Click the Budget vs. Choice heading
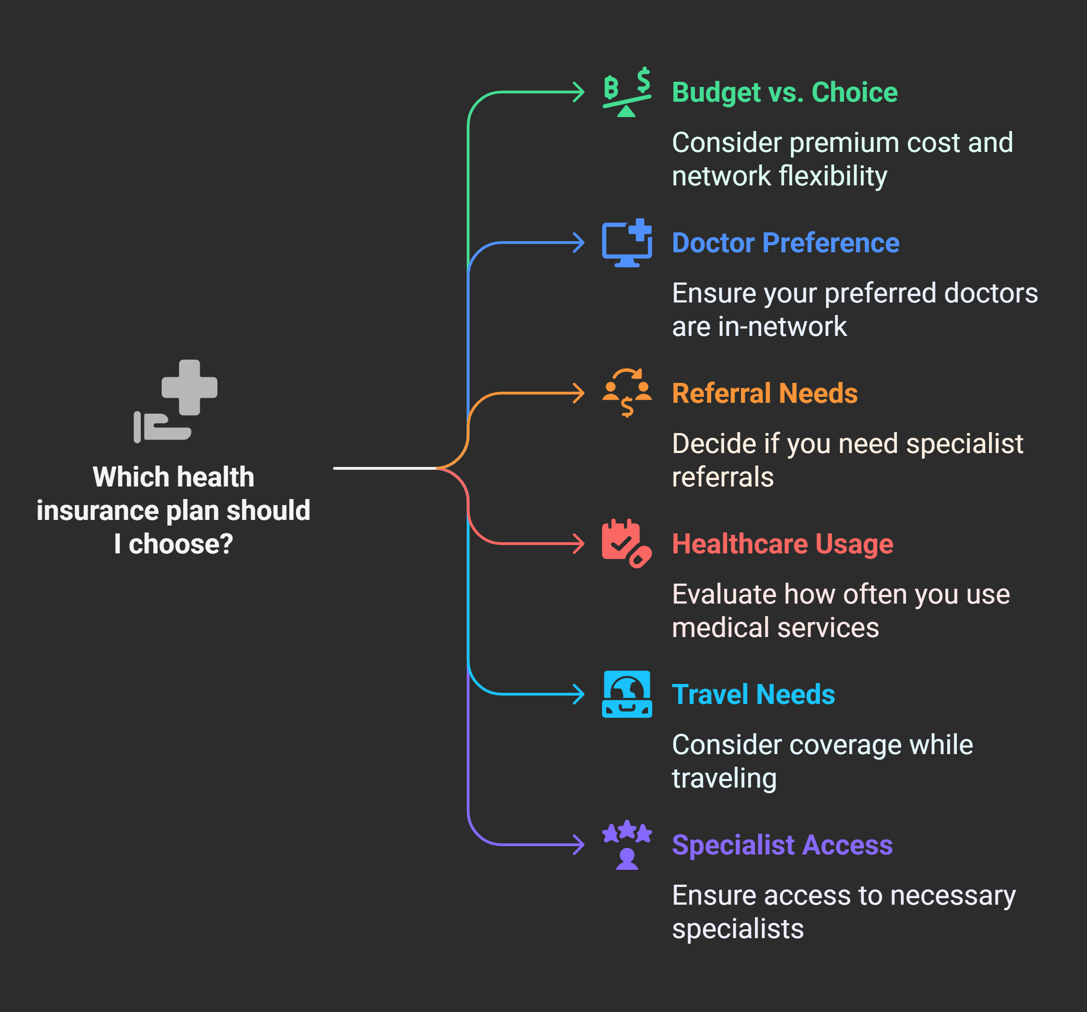784,92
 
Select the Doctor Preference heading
785,243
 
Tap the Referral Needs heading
765,393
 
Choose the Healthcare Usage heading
782,544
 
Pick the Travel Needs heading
753,694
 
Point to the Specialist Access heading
782,845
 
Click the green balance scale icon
627,92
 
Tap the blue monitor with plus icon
627,243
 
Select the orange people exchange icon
627,393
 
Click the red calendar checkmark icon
626,543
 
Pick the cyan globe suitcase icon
627,694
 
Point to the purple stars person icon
627,844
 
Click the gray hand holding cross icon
175,401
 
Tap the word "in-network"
782,327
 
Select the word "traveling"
724,779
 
